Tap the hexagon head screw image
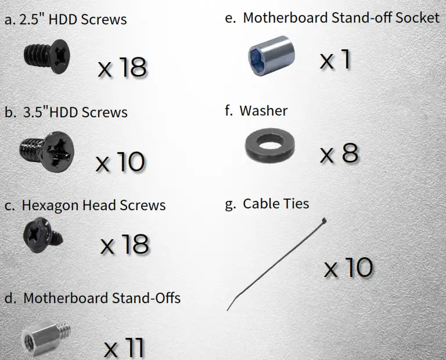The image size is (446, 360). coord(42,237)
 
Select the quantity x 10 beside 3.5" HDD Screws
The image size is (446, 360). coord(120,161)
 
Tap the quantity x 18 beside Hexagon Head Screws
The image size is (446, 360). coord(125,244)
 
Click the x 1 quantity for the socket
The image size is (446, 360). coord(335,59)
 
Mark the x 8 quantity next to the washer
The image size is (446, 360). coord(339,154)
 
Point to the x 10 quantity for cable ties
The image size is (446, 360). coord(348,268)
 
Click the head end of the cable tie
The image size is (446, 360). coord(323,221)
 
